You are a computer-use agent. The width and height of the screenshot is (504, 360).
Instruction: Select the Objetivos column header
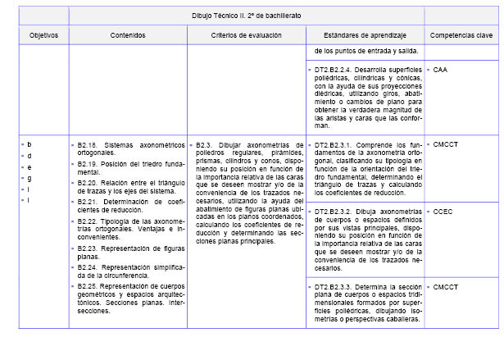[x=43, y=36]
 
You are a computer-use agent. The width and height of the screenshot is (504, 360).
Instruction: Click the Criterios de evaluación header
[x=246, y=36]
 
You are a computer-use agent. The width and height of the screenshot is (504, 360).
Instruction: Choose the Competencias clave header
[x=461, y=36]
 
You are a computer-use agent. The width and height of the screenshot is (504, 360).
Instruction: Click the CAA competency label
[x=441, y=71]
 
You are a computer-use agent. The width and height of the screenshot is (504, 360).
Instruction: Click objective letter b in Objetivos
[x=30, y=144]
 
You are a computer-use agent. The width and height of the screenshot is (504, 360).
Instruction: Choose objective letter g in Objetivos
[x=30, y=177]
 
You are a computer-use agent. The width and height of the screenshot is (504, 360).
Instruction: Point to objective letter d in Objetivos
[x=30, y=155]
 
